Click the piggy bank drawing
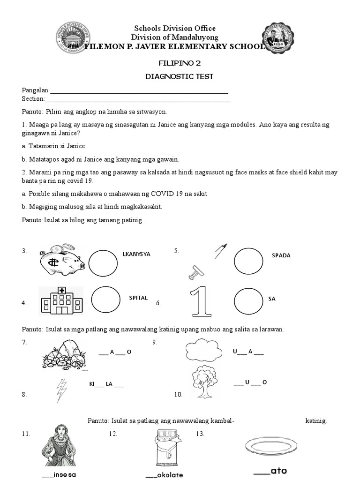[60, 260]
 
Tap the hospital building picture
[60, 300]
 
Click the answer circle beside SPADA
[248, 261]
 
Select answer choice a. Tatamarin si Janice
[53, 146]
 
